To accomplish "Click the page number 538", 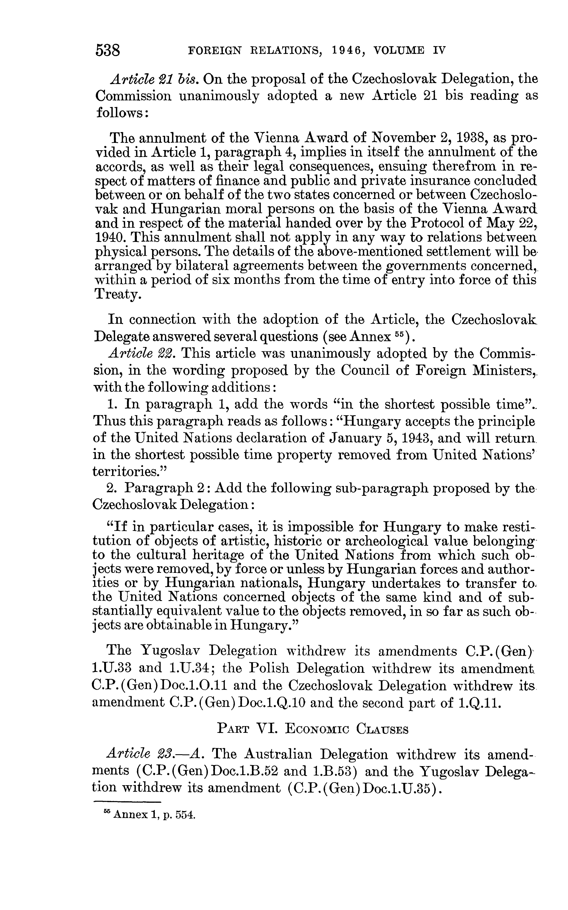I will (108, 50).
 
